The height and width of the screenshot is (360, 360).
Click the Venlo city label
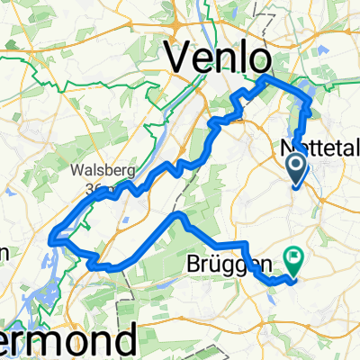coord(219,59)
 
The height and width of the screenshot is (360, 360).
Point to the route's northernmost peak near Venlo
coord(264,79)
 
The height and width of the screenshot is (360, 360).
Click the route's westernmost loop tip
coord(56,238)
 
